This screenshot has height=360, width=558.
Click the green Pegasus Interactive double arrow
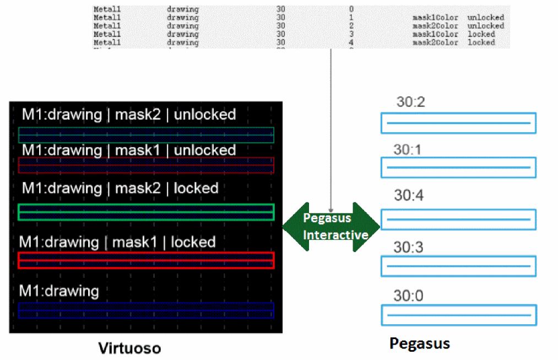[x=331, y=226]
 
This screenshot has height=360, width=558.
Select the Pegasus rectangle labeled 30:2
[x=458, y=123]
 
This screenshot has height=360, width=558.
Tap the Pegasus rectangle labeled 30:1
[x=458, y=167]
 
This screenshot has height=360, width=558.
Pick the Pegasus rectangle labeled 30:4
[x=458, y=219]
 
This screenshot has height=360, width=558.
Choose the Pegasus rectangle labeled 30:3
[x=458, y=266]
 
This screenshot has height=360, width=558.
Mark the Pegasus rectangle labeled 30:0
[x=458, y=315]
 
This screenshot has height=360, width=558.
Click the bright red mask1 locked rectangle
[x=146, y=260]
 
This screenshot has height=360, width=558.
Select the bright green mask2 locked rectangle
[x=146, y=212]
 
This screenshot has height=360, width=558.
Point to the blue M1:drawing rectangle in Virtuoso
[x=146, y=310]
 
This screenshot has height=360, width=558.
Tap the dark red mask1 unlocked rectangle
[x=146, y=165]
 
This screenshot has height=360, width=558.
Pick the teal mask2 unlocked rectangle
[x=146, y=135]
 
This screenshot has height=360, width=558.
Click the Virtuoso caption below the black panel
[x=130, y=348]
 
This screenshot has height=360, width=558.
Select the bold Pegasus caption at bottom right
[x=419, y=343]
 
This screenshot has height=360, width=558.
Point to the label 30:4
[x=408, y=195]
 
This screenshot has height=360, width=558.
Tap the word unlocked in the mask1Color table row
[x=485, y=18]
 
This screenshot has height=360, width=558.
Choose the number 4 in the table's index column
[x=351, y=42]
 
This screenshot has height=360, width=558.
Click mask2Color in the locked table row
[x=435, y=42]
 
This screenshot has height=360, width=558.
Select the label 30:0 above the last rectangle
[x=408, y=296]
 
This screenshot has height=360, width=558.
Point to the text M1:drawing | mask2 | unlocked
[x=129, y=114]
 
